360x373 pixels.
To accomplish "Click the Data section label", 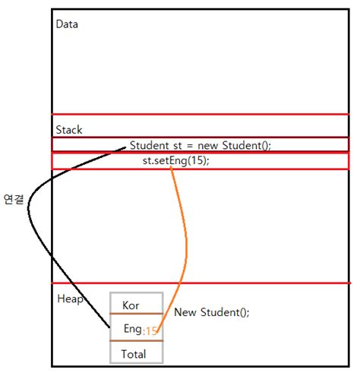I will click(67, 24).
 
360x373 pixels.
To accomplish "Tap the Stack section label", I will click(68, 130).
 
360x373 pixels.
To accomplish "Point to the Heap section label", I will click(70, 299).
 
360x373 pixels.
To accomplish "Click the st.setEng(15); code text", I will click(175, 161).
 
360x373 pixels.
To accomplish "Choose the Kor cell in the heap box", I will click(131, 305).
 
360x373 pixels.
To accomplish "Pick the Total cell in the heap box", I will click(133, 354).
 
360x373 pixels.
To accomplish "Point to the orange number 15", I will click(151, 330).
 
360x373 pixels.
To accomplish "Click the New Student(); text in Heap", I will click(211, 312).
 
